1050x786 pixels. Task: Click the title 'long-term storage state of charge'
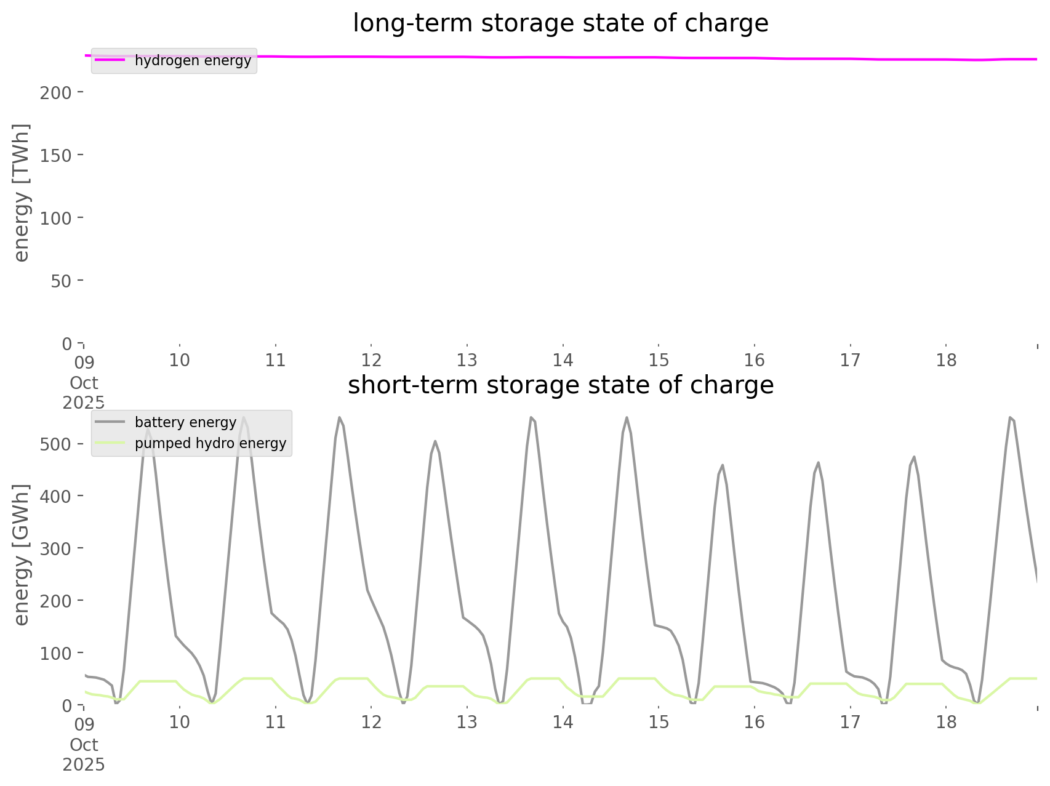click(560, 23)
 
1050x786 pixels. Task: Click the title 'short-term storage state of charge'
click(560, 385)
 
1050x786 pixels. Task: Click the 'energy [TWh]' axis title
click(22, 193)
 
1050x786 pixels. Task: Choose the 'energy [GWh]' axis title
click(22, 555)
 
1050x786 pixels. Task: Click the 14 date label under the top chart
click(563, 360)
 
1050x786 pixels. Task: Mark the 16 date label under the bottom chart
click(755, 722)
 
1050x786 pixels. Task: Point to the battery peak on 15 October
click(722, 465)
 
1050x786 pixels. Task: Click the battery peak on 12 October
click(435, 441)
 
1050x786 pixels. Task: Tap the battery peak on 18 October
click(1010, 417)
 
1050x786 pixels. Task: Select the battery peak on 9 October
click(148, 429)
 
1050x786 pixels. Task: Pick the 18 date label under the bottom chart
click(947, 722)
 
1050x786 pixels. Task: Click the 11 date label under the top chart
click(275, 360)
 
